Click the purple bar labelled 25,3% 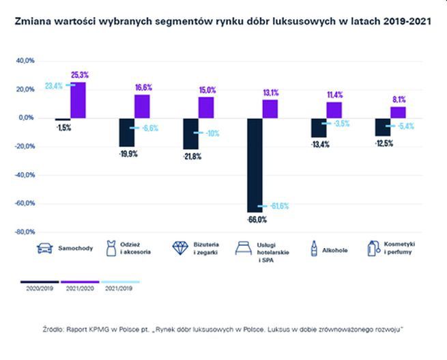coord(78,100)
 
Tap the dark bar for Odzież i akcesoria coord(126,132)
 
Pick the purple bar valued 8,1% coord(398,112)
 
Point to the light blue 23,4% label coord(54,86)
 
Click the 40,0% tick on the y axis coord(25,61)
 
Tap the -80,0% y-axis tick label coord(24,232)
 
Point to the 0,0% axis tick coord(26,117)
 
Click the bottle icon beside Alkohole coord(313,249)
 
